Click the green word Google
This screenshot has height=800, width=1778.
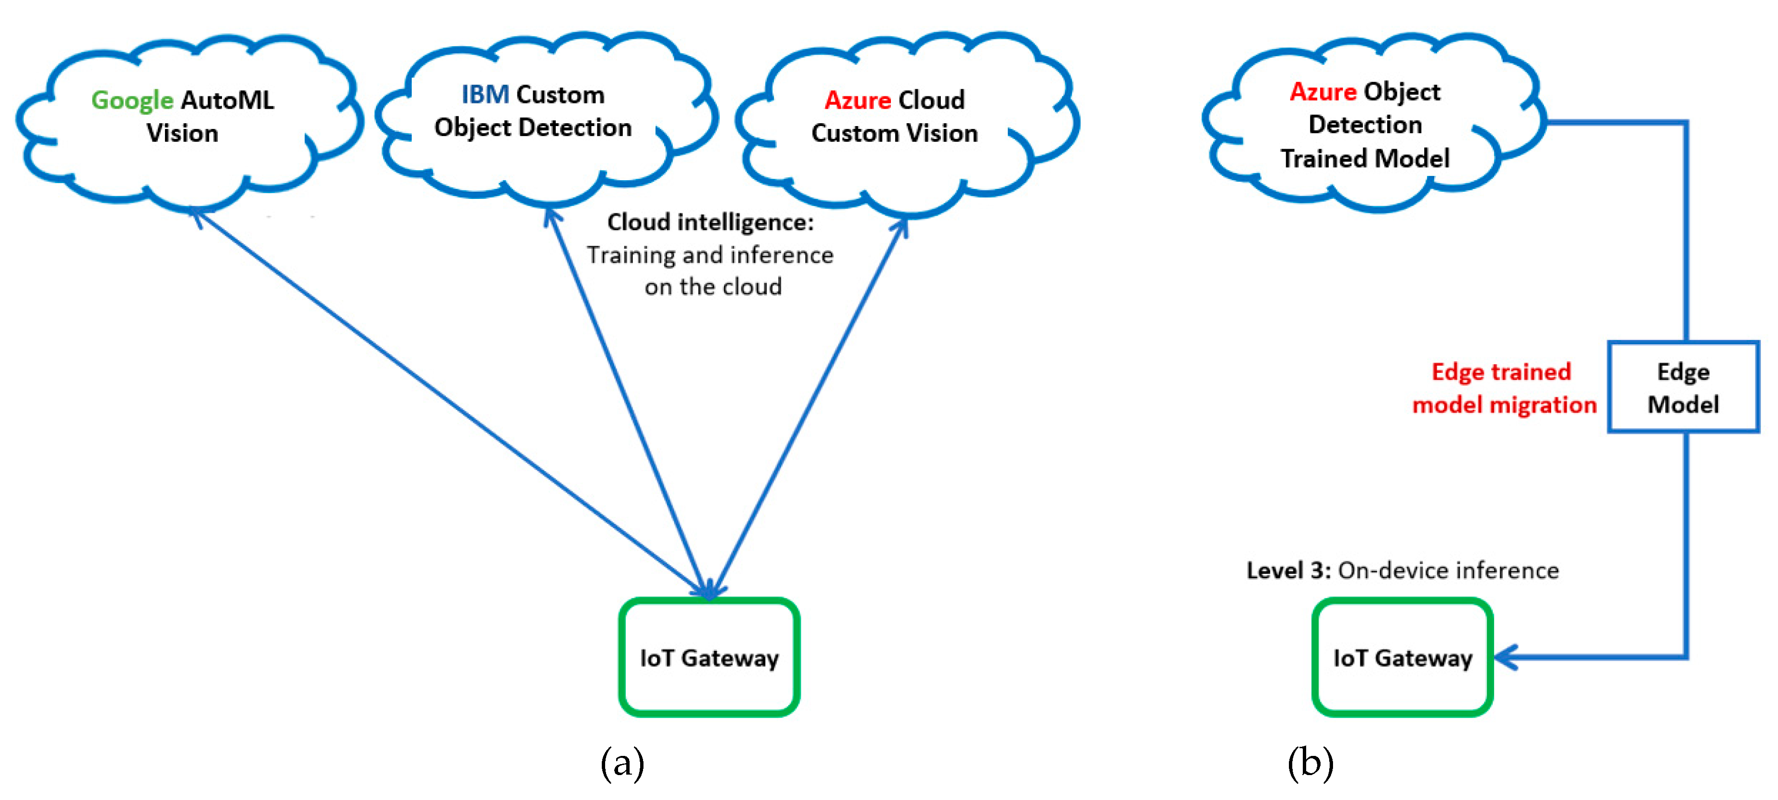coord(132,101)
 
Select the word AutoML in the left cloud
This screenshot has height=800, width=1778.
coord(227,101)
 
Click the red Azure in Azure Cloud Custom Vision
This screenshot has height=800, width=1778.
coord(857,101)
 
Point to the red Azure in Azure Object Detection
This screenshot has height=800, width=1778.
coord(1322,93)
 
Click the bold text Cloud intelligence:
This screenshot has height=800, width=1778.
coord(710,222)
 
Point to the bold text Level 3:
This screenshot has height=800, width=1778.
coord(1288,570)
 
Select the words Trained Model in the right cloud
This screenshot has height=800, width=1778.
coord(1365,159)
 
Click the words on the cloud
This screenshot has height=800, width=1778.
coord(713,287)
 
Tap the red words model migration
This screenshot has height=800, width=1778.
coord(1504,405)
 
